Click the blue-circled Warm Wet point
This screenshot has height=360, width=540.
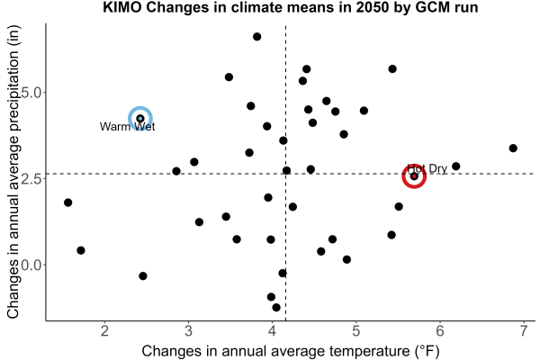coord(140,119)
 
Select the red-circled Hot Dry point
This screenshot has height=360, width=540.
coord(414,176)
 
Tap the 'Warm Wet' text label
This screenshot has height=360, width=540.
coord(128,127)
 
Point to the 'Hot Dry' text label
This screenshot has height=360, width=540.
coord(427,169)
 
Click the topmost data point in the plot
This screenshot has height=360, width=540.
coord(256,37)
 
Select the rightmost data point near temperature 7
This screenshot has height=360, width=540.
coord(513,148)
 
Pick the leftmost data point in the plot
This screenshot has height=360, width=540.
coord(68,202)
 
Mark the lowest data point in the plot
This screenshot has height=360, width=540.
coord(276,307)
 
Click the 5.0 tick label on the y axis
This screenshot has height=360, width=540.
coord(31,93)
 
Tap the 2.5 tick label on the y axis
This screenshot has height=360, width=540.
coord(31,179)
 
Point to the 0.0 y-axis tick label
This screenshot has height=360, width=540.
coord(31,265)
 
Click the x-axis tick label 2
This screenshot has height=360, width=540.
coord(104,331)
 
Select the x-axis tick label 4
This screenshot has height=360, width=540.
coord(272,331)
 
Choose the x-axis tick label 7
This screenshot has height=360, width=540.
coord(524,331)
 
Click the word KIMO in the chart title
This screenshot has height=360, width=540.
coord(122,7)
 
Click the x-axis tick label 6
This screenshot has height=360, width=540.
coord(440,331)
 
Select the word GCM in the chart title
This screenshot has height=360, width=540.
coord(431,7)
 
